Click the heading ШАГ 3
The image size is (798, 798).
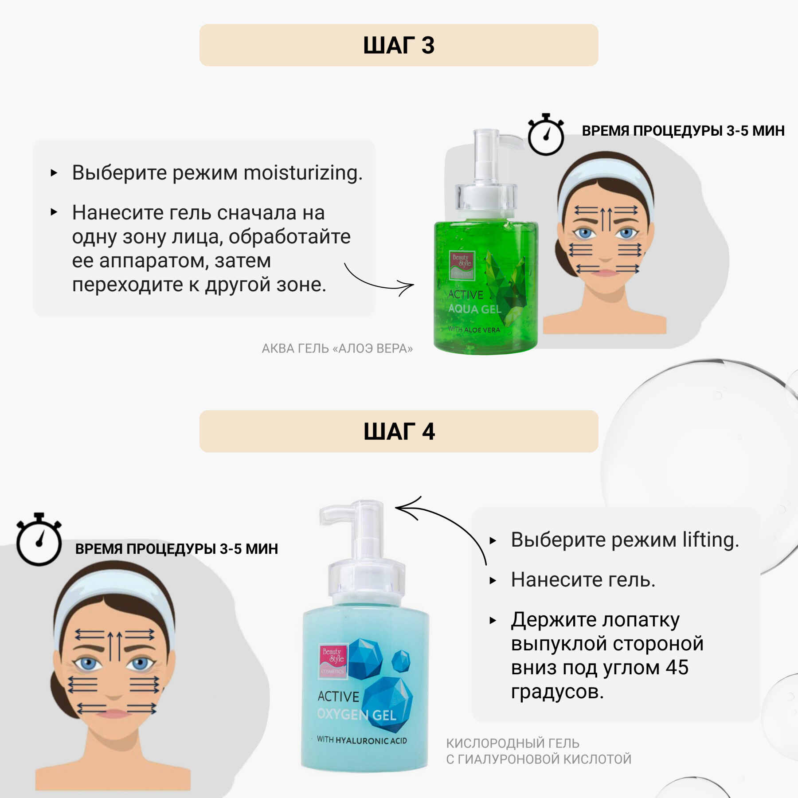click(x=399, y=45)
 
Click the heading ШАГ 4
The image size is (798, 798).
click(x=399, y=431)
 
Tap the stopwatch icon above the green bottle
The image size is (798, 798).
click(x=546, y=135)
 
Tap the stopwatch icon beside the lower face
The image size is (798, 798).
click(x=39, y=540)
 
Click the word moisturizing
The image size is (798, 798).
click(x=303, y=173)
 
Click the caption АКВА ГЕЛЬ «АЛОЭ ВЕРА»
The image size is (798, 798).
click(x=337, y=348)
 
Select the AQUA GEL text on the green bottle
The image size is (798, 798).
click(x=474, y=309)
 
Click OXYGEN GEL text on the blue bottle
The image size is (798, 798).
click(x=356, y=715)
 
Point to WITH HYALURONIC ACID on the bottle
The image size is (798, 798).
click(x=362, y=740)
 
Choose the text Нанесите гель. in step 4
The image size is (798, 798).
click(x=583, y=580)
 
